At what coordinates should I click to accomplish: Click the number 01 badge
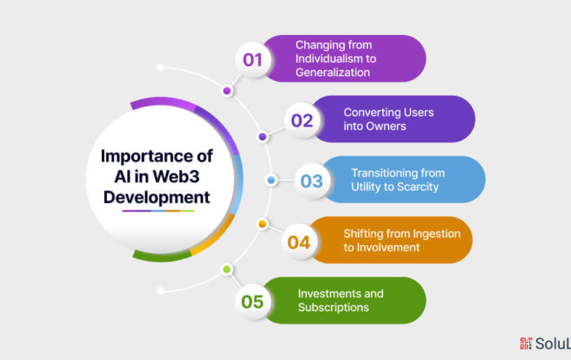coord(253,60)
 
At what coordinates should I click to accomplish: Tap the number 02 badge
coord(302,120)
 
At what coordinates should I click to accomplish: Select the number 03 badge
coord(312,180)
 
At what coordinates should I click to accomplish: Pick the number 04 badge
coord(299,242)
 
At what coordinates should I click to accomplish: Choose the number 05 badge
coord(252,302)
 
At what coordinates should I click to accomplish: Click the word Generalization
coord(333,73)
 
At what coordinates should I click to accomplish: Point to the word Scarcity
coord(418,187)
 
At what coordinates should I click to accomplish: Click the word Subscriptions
coord(333,308)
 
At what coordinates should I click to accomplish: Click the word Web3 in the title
coord(176,176)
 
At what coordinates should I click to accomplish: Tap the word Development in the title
coord(157,198)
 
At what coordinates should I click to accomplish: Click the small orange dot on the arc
coord(262,224)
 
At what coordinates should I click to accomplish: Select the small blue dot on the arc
coord(271,180)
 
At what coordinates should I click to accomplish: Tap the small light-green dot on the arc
coord(227,269)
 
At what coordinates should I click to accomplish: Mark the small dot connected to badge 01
coord(227,91)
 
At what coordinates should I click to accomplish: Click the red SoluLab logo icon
coord(525,343)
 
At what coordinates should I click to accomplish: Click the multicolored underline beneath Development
coord(158,211)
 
